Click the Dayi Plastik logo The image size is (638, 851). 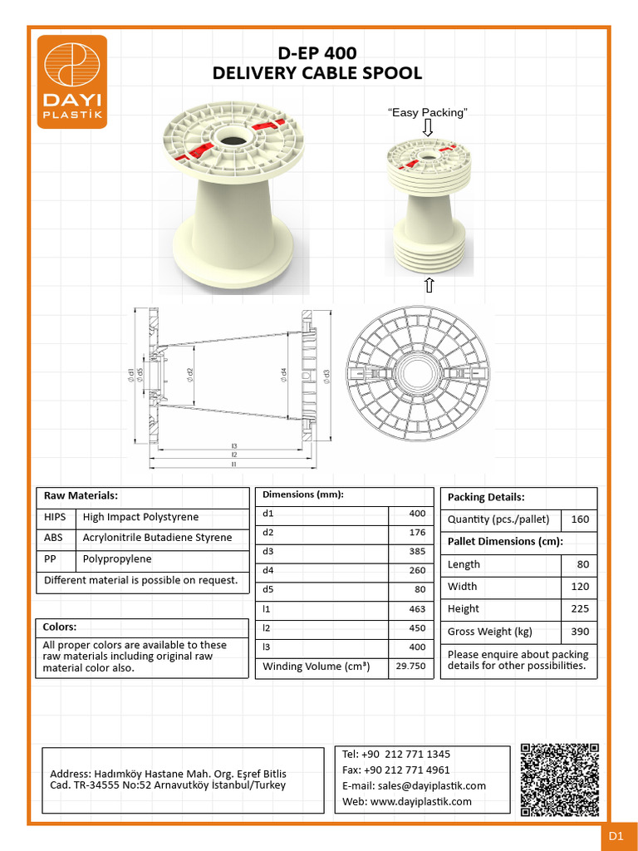coord(72,81)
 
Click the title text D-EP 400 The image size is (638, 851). coord(317,52)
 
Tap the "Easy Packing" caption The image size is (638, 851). coord(428,112)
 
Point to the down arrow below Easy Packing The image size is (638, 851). coord(428,128)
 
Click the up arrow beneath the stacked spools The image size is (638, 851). coord(429,286)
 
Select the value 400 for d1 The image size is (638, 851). coord(416,514)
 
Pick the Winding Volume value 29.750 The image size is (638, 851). coord(410,667)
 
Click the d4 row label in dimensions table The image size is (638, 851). coord(268,570)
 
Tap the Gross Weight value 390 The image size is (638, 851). coord(579,632)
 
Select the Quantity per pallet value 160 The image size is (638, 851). coord(579,519)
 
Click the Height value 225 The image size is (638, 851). coord(579,608)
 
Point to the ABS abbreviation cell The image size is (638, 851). coord(53,538)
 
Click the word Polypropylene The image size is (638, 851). coord(117,559)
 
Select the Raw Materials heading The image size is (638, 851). coord(81,495)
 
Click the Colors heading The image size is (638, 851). coord(60,627)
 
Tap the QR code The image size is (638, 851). coord(559,780)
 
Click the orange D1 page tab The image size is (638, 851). coord(616,837)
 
